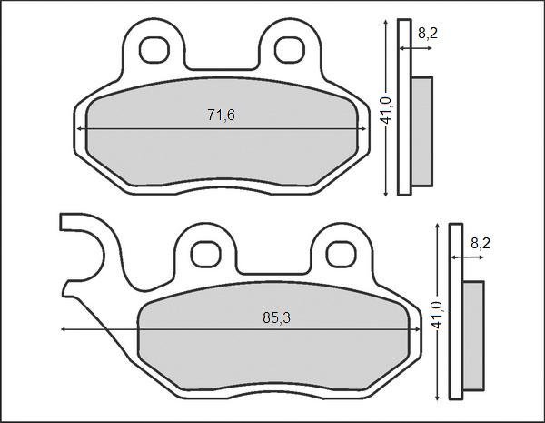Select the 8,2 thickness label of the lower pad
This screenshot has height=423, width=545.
point(481,243)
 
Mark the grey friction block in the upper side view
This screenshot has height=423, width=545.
point(422,131)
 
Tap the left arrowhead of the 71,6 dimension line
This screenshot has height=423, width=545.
point(82,129)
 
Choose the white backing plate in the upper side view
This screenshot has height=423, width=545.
point(406,109)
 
